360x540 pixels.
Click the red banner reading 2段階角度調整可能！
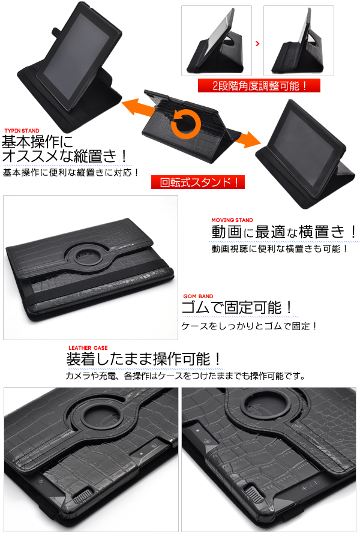point(259,85)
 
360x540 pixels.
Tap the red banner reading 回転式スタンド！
point(198,182)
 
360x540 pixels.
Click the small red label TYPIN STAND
point(22,131)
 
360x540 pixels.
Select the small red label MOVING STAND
point(232,220)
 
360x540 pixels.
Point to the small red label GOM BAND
point(198,296)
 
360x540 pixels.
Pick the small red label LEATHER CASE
point(88,348)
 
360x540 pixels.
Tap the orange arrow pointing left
point(138,106)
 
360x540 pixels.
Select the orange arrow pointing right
point(247,139)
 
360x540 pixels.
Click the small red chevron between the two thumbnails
point(257,43)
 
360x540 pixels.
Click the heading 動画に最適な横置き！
point(284,232)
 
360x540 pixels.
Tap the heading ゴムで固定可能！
point(238,307)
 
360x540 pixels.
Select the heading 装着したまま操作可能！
point(143,359)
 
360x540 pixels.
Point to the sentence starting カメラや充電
point(185,376)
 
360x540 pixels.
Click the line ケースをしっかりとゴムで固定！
point(249,325)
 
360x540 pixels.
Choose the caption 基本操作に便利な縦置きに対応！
point(71,172)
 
